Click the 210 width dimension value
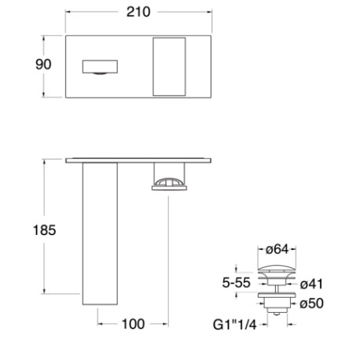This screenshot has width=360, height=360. pyautogui.click(x=138, y=13)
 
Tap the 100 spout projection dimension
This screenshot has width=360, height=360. pyautogui.click(x=133, y=324)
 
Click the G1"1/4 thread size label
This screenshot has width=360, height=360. pyautogui.click(x=235, y=324)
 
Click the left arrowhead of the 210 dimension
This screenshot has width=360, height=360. pyautogui.click(x=68, y=13)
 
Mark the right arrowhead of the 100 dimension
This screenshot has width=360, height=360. pyautogui.click(x=165, y=324)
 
